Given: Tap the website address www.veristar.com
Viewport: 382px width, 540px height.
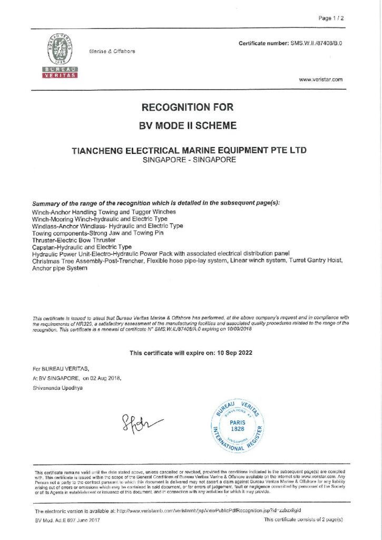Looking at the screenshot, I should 320,80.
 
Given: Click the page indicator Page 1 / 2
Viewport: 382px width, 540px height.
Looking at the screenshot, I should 331,18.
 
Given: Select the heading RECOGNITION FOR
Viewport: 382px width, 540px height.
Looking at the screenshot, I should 187,108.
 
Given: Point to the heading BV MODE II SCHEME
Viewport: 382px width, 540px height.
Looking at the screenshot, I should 187,126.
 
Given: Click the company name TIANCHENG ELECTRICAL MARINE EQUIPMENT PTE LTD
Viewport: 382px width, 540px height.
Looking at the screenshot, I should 189,150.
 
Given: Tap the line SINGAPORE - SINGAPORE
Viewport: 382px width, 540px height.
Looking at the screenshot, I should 189,159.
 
